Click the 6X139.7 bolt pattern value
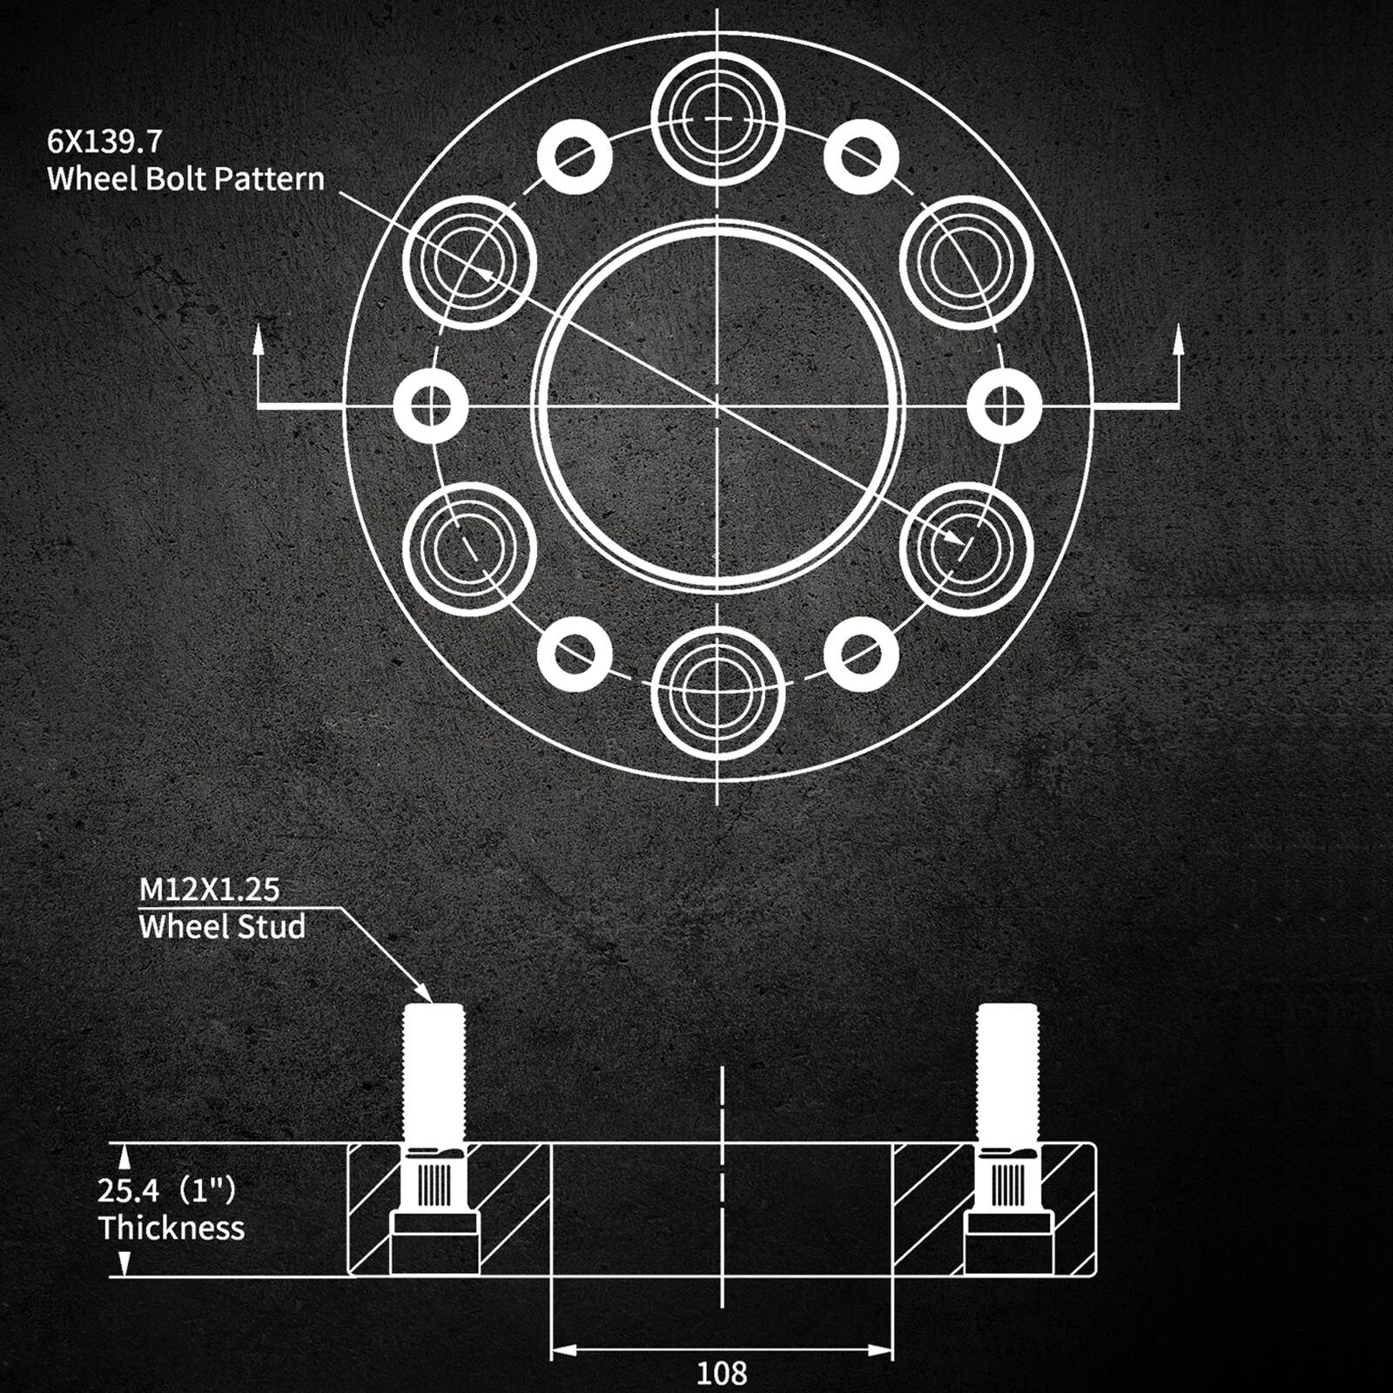105,140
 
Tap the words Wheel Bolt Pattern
185,178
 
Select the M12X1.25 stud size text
210,889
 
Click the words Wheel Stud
222,926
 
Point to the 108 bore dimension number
722,1373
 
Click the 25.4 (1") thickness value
167,1189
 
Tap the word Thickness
172,1228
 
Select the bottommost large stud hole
718,694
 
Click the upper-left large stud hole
469,262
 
